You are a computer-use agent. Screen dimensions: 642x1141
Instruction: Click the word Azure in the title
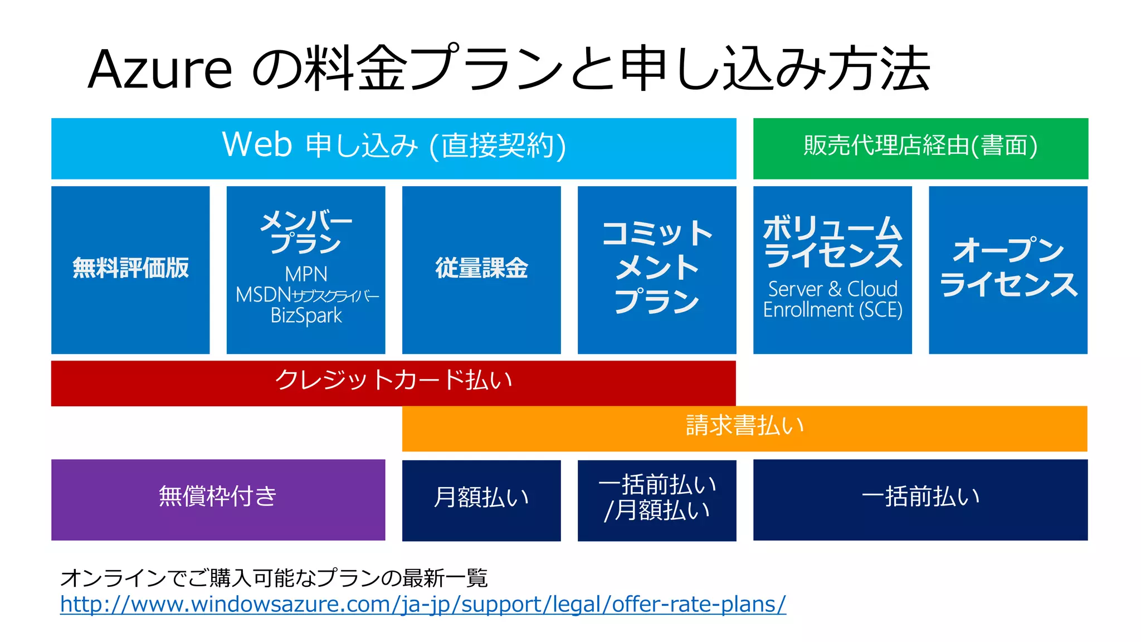[x=160, y=70]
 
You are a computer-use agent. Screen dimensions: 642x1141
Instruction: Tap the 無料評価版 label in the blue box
[x=130, y=268]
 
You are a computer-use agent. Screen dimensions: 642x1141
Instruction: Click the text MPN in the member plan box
[x=306, y=274]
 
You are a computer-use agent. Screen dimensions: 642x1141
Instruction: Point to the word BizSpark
[x=306, y=315]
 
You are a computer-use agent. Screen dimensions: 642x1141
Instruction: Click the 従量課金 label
[x=481, y=268]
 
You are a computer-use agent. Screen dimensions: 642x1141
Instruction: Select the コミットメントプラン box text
[x=657, y=267]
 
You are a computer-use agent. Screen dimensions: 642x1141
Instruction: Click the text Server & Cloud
[x=832, y=289]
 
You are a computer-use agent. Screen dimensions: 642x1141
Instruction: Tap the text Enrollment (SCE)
[x=832, y=310]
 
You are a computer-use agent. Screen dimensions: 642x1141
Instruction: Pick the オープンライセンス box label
[x=1008, y=267]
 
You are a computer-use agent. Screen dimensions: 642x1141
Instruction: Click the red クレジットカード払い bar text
[x=393, y=381]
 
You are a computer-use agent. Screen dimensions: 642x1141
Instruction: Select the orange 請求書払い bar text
[x=744, y=426]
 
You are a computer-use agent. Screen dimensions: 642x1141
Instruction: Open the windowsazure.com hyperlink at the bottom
[x=422, y=605]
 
